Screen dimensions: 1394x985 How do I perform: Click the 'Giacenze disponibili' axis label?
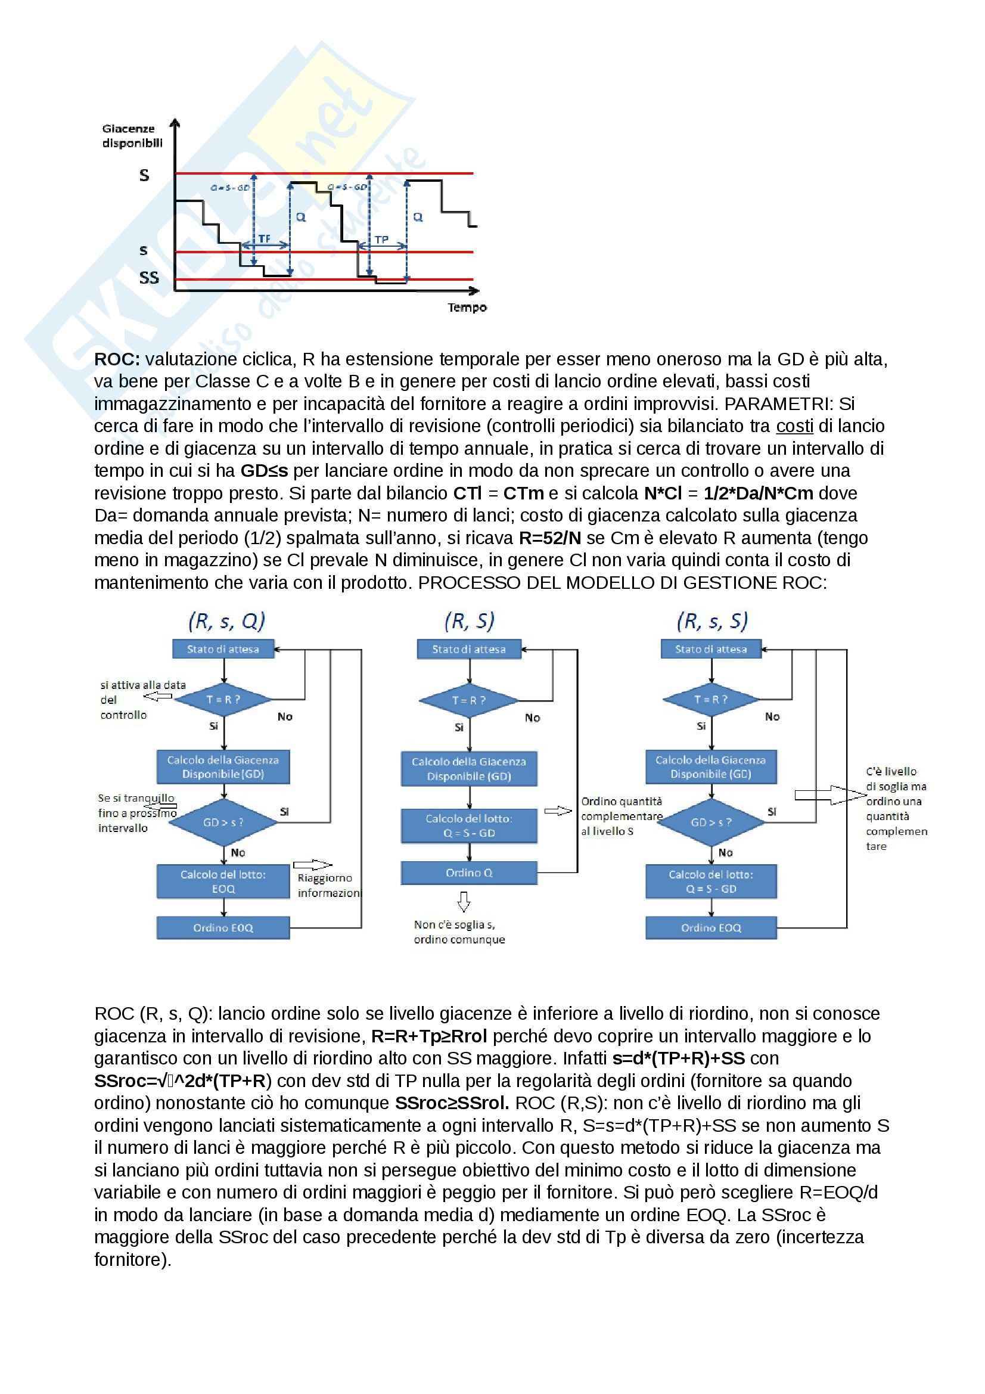click(132, 136)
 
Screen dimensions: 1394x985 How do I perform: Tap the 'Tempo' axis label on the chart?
click(467, 307)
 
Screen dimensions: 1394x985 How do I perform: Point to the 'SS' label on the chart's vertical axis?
click(149, 278)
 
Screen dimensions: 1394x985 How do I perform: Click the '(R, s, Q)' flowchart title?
click(226, 621)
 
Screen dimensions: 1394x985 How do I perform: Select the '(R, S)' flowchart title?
click(469, 621)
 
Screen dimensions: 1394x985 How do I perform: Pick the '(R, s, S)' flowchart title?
click(712, 621)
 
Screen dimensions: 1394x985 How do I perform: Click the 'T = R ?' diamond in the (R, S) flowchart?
click(468, 700)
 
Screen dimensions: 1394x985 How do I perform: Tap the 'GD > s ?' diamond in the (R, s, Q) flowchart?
click(223, 822)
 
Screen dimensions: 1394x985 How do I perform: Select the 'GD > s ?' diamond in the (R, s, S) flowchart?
click(711, 822)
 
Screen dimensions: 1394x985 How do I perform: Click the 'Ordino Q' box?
click(468, 873)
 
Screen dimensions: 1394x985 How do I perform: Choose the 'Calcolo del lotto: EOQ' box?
click(223, 881)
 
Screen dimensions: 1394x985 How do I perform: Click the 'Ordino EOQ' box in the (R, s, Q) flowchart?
click(223, 928)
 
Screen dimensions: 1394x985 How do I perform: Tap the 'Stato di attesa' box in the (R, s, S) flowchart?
click(711, 649)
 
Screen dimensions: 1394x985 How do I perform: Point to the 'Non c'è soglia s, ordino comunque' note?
click(459, 932)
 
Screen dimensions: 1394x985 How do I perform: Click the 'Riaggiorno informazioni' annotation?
click(328, 885)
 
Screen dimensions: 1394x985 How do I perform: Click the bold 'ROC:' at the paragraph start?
click(117, 359)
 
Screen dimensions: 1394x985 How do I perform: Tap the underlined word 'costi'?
click(794, 426)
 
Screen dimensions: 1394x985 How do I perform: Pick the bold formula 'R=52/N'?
click(549, 538)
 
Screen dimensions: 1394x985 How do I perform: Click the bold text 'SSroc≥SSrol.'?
click(452, 1103)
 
